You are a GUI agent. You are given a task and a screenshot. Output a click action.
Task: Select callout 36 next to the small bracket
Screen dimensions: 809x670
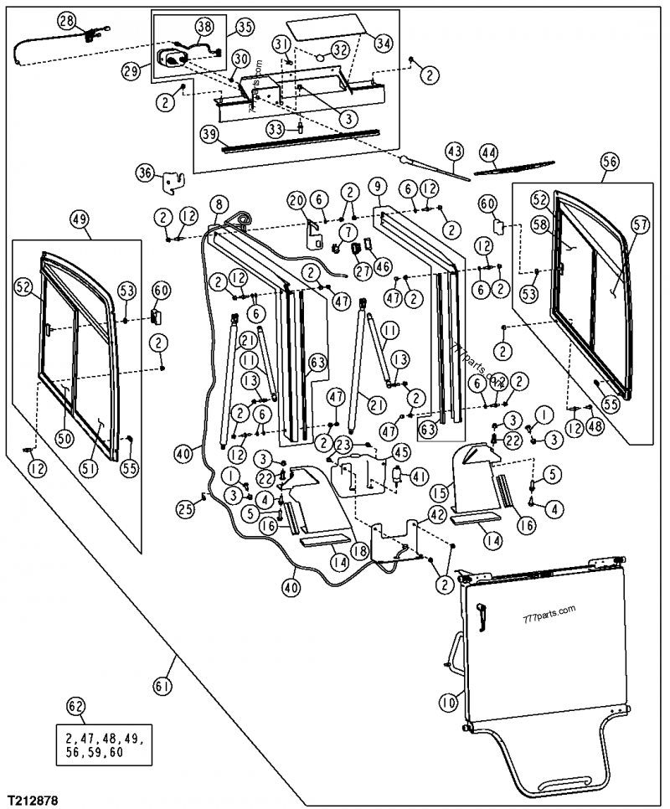[146, 173]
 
